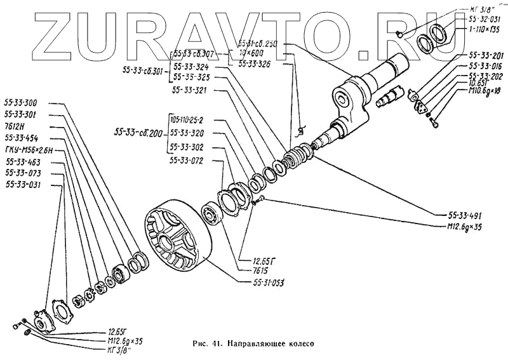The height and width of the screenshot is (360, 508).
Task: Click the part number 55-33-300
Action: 20,102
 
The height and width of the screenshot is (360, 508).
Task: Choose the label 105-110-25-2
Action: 191,120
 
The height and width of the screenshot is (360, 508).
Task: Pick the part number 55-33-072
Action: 187,160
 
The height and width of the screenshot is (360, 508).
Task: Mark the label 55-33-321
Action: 189,90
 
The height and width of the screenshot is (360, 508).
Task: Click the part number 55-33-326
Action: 255,64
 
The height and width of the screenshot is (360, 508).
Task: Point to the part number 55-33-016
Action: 485,65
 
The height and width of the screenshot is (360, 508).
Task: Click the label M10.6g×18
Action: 484,91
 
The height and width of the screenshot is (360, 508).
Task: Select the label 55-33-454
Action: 20,137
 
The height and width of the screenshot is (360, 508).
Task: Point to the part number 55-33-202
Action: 485,75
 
